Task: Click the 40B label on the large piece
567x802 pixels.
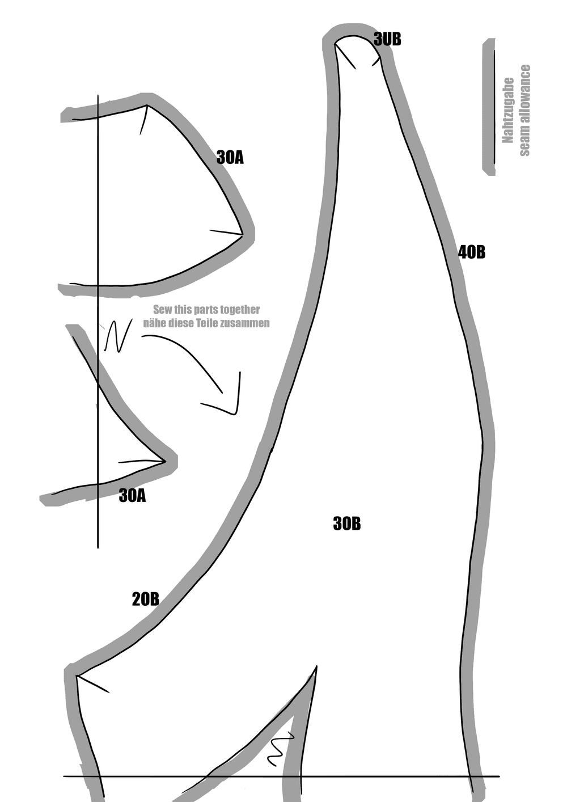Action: pos(472,252)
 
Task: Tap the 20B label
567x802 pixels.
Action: pos(145,599)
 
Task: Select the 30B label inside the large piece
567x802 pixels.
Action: pos(346,524)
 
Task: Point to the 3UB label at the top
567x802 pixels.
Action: pos(387,39)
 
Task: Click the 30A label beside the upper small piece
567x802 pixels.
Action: pos(230,157)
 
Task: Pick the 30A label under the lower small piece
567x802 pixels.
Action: pos(132,496)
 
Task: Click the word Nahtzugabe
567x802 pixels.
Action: pos(508,110)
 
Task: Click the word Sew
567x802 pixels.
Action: pos(162,310)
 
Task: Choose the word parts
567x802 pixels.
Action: pos(208,310)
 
